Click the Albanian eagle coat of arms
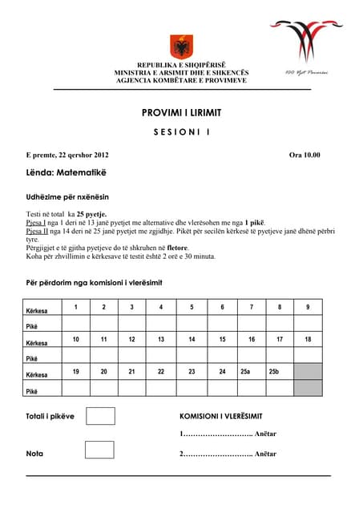pyautogui.click(x=181, y=46)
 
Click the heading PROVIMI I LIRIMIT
pyautogui.click(x=181, y=112)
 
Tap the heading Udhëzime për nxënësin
pyautogui.click(x=67, y=196)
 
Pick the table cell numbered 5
pyautogui.click(x=192, y=307)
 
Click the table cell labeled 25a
pyautogui.click(x=246, y=372)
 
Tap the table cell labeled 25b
pyautogui.click(x=274, y=372)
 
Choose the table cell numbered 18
pyautogui.click(x=308, y=340)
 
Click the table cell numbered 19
pyautogui.click(x=75, y=372)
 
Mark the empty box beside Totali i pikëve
pyautogui.click(x=99, y=416)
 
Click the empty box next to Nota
pyautogui.click(x=99, y=449)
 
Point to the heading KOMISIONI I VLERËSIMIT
pyautogui.click(x=232, y=418)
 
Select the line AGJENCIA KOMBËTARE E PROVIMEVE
pyautogui.click(x=181, y=81)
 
